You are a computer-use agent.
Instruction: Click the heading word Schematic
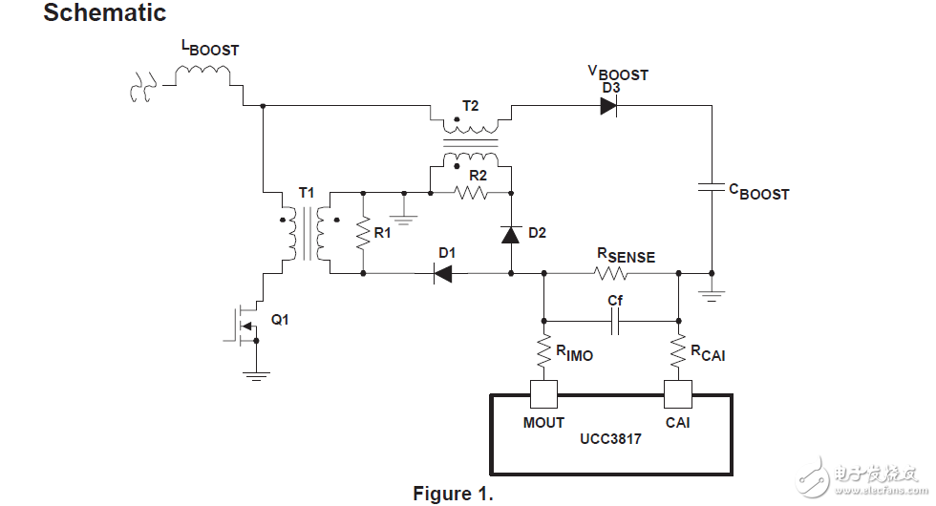point(105,13)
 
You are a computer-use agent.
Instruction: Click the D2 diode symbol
point(510,234)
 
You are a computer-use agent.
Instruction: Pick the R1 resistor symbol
point(364,233)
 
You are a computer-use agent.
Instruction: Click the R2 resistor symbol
point(470,193)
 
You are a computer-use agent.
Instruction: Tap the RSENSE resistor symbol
point(611,274)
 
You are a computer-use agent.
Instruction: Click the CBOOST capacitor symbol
point(712,188)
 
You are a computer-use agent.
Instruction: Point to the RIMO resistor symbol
point(543,350)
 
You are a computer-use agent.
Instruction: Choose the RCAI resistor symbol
point(678,350)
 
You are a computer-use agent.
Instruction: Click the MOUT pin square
point(543,393)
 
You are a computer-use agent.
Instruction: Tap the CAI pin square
point(678,393)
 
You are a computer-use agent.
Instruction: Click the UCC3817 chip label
point(611,441)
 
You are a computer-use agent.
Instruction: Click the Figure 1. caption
point(453,494)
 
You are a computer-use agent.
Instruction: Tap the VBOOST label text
point(618,73)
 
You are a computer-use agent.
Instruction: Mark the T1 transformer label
point(307,193)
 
